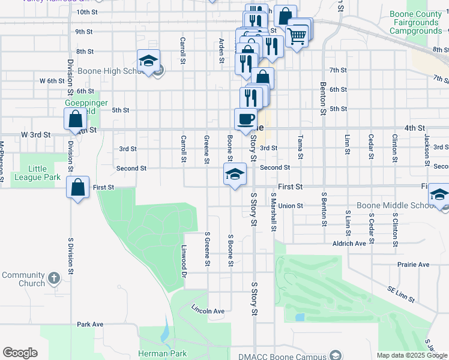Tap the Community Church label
click(x=23, y=279)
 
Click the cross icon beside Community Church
click(x=54, y=278)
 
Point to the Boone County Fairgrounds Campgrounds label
click(x=414, y=22)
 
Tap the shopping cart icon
click(x=297, y=35)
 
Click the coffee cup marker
click(x=246, y=118)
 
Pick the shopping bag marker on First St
click(x=78, y=187)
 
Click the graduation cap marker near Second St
click(x=234, y=174)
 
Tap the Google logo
click(x=20, y=353)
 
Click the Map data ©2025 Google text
click(x=412, y=356)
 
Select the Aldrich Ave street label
click(x=349, y=244)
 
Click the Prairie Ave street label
click(x=413, y=264)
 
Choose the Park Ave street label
click(x=90, y=324)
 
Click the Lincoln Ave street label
click(x=208, y=311)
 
